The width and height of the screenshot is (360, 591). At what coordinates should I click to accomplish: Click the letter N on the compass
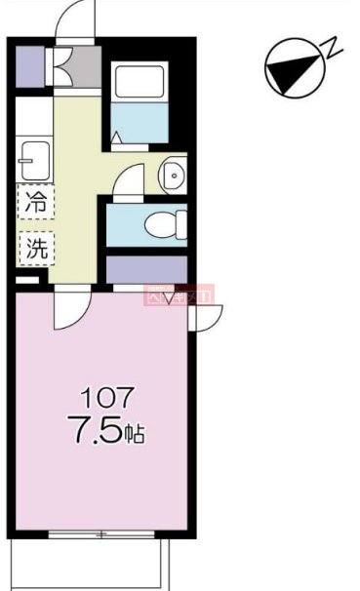[334, 45]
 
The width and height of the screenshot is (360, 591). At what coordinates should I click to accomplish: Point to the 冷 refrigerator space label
[35, 205]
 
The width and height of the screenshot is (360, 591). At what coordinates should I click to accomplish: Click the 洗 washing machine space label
[35, 247]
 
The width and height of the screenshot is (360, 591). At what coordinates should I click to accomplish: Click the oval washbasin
[173, 175]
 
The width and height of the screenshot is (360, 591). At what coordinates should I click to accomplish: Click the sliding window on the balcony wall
[101, 533]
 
